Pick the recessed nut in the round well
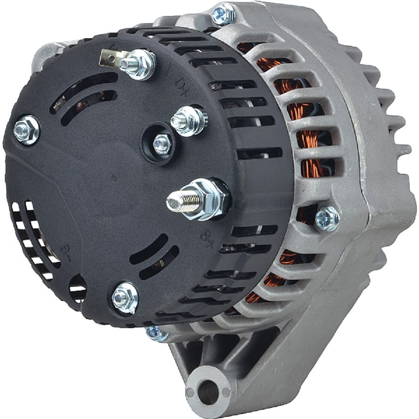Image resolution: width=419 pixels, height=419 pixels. point(162,143)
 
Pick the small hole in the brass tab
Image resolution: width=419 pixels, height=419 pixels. point(112,59)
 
